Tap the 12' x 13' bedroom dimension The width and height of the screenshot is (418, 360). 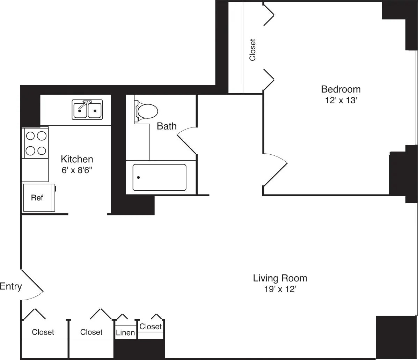[x=340, y=101]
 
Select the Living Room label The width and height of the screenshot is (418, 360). [x=280, y=278]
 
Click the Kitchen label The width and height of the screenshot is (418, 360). [x=77, y=159]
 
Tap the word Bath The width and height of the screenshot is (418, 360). [x=167, y=126]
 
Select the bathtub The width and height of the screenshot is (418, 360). [x=159, y=177]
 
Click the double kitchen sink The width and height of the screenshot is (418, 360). [x=87, y=110]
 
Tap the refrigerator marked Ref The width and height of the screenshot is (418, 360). [x=37, y=198]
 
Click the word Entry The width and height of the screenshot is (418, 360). [x=11, y=287]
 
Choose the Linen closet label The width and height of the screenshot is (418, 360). [x=125, y=333]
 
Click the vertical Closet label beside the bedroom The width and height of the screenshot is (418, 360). [x=252, y=50]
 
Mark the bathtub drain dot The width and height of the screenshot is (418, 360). [x=139, y=177]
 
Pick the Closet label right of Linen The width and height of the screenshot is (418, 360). [x=151, y=326]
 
